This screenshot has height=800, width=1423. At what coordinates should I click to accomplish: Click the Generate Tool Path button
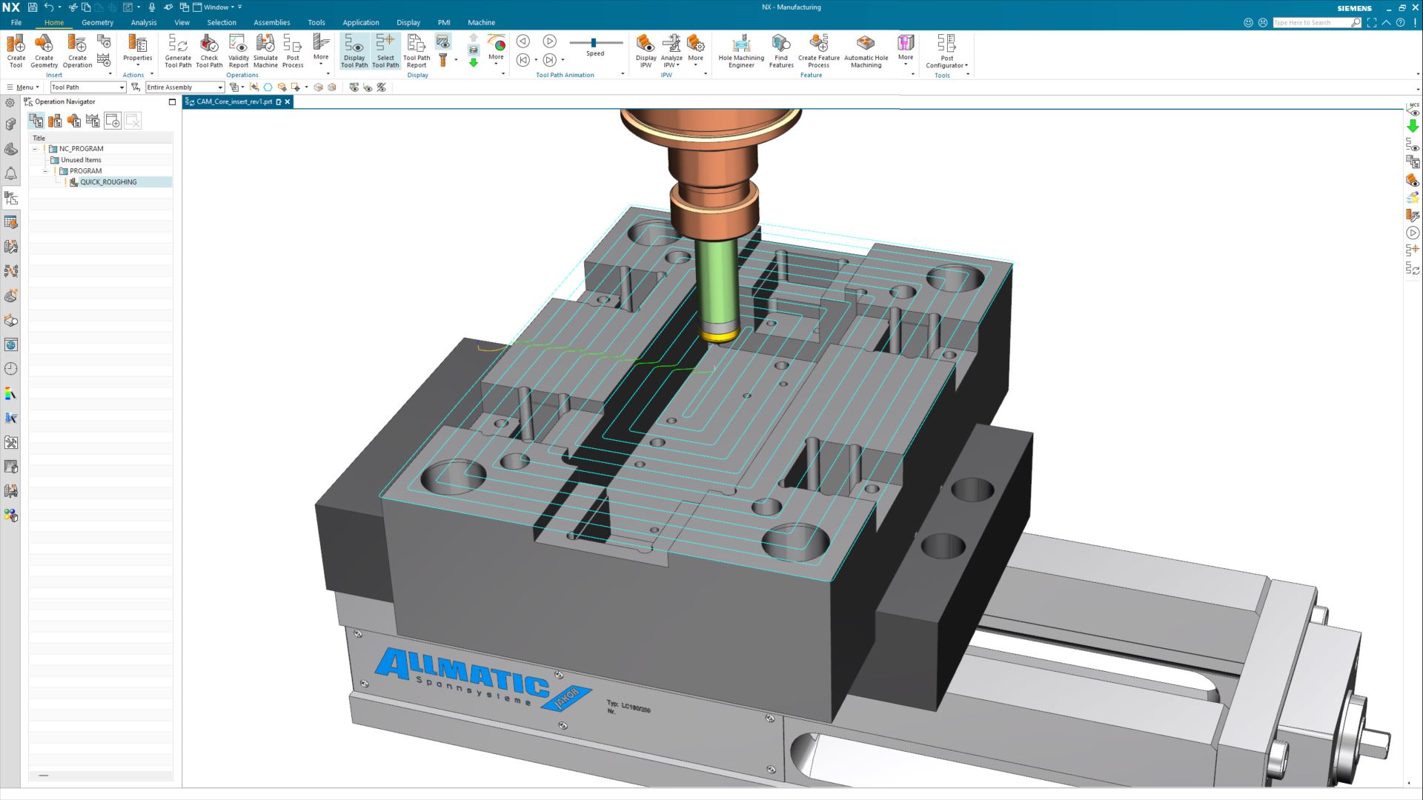[177, 50]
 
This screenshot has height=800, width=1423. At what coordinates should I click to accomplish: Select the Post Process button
[293, 50]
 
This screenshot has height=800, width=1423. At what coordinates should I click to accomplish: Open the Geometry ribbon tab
[97, 22]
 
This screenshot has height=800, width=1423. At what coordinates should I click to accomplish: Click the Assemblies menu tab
[271, 22]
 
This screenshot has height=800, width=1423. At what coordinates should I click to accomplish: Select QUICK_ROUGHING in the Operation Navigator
[108, 182]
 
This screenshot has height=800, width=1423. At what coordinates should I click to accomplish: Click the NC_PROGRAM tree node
[81, 149]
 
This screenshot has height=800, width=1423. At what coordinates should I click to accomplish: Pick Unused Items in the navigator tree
[81, 160]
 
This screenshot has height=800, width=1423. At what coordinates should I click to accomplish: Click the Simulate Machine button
[265, 50]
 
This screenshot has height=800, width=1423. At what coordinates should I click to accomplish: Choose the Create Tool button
[16, 50]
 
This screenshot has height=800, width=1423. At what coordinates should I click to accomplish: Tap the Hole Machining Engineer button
[740, 50]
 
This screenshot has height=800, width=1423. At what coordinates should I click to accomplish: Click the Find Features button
[781, 50]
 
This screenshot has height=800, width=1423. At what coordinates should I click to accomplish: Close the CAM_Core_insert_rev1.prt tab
[288, 102]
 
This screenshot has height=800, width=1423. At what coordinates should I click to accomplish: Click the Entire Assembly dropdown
[185, 87]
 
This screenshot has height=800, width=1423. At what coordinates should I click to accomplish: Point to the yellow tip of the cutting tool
[720, 337]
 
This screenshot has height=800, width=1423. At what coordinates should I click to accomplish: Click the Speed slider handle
[594, 43]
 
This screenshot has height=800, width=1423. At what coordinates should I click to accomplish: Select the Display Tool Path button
[354, 50]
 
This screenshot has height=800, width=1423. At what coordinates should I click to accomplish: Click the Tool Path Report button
[417, 50]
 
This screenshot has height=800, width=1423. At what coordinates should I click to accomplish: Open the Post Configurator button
[946, 50]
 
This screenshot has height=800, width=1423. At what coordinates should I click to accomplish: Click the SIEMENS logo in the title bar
[1354, 8]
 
